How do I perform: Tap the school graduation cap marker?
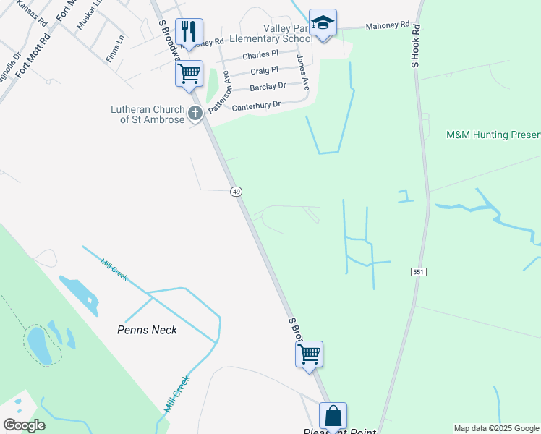[323, 23]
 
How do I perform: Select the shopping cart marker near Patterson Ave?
[189, 74]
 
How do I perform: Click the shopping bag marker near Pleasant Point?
[333, 417]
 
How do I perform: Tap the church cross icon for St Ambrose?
[195, 113]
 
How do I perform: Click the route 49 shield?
[236, 191]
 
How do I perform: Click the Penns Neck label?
[147, 330]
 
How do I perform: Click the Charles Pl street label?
[260, 55]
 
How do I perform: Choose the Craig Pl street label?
[264, 71]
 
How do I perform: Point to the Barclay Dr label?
[268, 88]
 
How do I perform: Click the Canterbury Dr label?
[256, 106]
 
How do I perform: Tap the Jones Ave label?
[303, 72]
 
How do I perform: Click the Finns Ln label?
[114, 52]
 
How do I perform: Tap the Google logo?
[24, 425]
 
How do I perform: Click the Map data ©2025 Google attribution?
[496, 428]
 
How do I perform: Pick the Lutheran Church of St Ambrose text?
[148, 114]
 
